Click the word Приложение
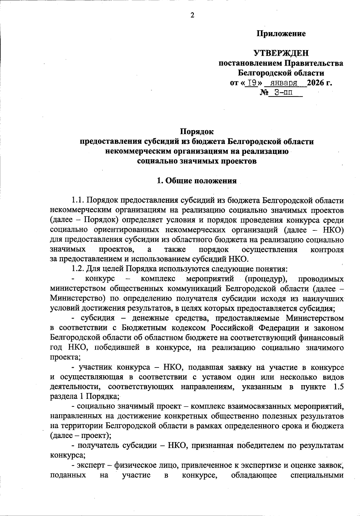(281, 34)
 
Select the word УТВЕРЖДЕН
(281, 53)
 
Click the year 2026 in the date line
(316, 83)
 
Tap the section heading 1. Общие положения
(197, 181)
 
